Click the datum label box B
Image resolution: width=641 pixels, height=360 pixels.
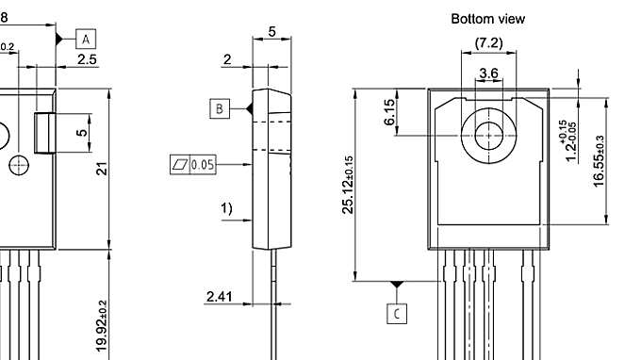(x=220, y=109)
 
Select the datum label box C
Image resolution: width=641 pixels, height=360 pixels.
(x=398, y=312)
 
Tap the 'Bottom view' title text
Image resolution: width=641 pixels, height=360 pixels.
(x=487, y=18)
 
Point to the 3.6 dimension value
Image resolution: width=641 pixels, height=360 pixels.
(x=488, y=73)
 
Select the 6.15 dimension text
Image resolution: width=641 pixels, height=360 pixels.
(x=389, y=114)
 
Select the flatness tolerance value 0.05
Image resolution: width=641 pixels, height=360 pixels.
(x=203, y=165)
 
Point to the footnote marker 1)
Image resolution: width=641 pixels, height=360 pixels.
(x=227, y=209)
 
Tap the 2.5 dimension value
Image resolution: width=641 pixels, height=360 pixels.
(x=87, y=59)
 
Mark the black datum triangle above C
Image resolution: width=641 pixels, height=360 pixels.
(x=398, y=284)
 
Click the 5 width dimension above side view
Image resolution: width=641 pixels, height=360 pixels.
(x=272, y=31)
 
